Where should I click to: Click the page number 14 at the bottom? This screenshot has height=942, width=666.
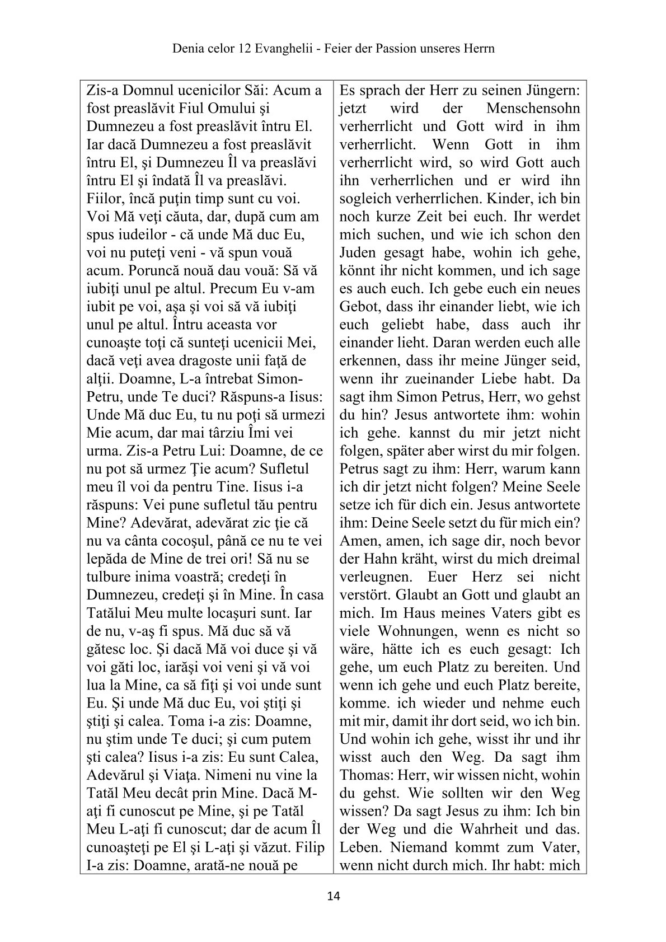333,896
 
